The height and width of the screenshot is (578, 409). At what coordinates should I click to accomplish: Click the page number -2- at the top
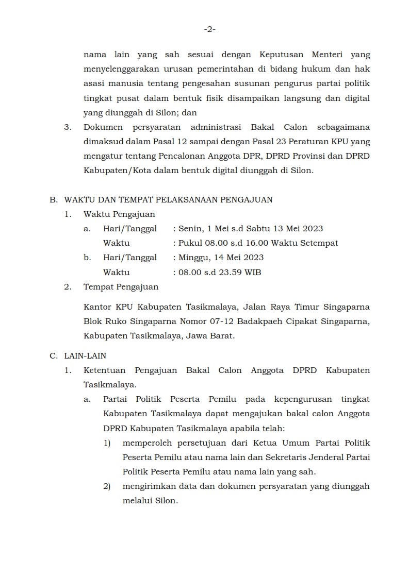pyautogui.click(x=209, y=29)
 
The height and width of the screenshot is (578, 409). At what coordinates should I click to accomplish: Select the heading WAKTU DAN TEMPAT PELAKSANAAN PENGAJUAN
pyautogui.click(x=168, y=199)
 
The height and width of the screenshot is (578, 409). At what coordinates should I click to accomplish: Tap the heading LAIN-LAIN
pyautogui.click(x=85, y=355)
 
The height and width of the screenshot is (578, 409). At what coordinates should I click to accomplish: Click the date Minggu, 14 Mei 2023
pyautogui.click(x=220, y=258)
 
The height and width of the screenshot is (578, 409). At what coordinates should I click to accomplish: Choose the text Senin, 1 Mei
pyautogui.click(x=200, y=229)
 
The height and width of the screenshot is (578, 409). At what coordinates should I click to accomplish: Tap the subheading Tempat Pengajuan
pyautogui.click(x=121, y=287)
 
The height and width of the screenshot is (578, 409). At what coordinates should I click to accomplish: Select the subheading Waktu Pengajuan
pyautogui.click(x=119, y=214)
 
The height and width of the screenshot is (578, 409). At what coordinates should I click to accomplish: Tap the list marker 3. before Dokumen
pyautogui.click(x=67, y=127)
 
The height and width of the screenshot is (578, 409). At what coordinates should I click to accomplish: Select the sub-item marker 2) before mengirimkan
pyautogui.click(x=107, y=486)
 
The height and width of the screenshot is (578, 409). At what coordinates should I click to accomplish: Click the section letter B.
pyautogui.click(x=53, y=199)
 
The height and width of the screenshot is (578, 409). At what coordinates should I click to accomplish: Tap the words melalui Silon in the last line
pyautogui.click(x=150, y=500)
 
